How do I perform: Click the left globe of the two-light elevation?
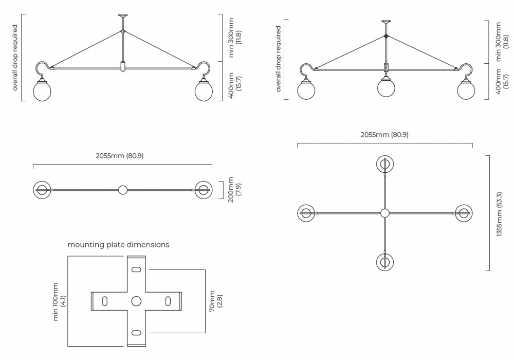click(x=42, y=92)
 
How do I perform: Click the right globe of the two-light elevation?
click(x=204, y=92)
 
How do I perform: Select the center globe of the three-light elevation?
click(x=386, y=87)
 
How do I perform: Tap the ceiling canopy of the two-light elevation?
click(x=122, y=16)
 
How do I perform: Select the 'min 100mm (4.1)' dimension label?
click(x=59, y=301)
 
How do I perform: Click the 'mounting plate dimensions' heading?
click(x=118, y=245)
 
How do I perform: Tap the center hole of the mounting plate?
click(x=136, y=301)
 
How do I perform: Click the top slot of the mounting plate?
click(x=136, y=270)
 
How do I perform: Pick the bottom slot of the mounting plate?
click(x=136, y=333)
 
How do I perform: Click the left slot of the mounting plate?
click(x=105, y=301)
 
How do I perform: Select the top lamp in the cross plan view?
click(x=384, y=164)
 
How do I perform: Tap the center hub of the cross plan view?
click(x=384, y=213)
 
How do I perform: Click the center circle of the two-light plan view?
click(x=122, y=190)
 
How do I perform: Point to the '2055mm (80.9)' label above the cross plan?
click(x=384, y=135)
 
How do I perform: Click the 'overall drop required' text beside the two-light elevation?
click(x=15, y=58)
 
